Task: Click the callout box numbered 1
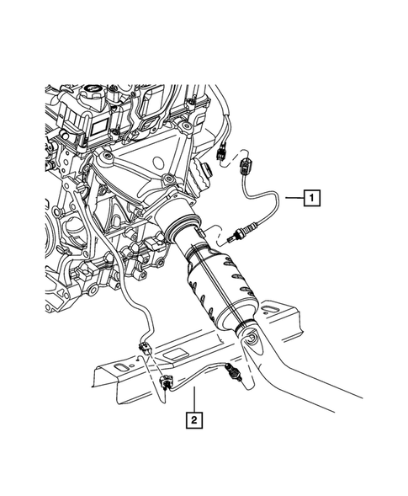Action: (x=310, y=199)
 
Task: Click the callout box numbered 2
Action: (x=194, y=419)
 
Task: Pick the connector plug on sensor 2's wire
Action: (x=167, y=383)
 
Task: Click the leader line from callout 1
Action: (x=289, y=199)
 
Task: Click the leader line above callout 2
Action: (x=194, y=399)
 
